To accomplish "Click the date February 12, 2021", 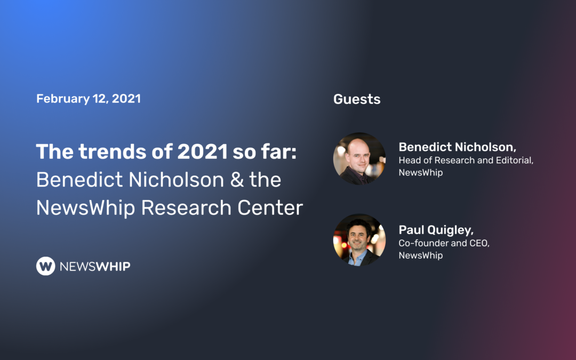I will coord(89,99).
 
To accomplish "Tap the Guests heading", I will coord(357,99).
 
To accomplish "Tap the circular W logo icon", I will coord(46,266).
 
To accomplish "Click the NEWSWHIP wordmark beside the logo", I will coord(94,266).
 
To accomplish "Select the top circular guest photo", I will coord(359,158).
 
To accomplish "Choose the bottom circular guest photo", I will coord(359,240).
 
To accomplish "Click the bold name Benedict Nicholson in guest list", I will coord(458,147).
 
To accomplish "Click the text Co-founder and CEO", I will coord(444,243).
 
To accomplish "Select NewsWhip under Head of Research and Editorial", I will coord(421,173).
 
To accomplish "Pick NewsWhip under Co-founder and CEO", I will coord(421,255).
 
